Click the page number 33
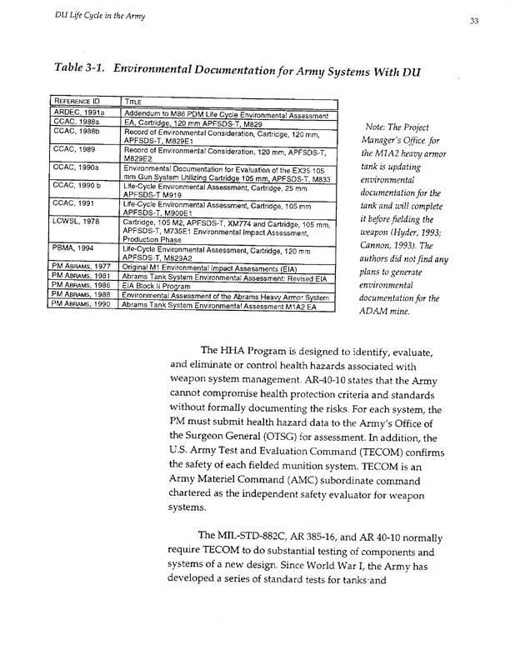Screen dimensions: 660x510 pos(472,22)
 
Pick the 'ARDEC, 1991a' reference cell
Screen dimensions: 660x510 pos(79,112)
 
